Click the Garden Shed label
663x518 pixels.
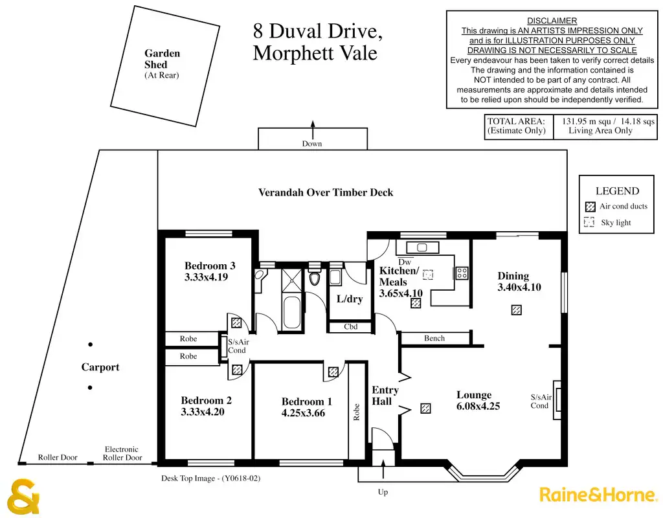pos(162,59)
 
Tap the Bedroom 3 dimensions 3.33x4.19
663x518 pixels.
pos(206,277)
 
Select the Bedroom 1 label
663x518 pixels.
pos(306,401)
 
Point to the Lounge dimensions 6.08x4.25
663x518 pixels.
pos(478,407)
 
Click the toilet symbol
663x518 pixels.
pos(314,278)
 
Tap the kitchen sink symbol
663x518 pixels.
pos(422,247)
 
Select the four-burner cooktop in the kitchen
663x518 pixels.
pos(462,273)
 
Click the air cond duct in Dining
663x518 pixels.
pos(516,310)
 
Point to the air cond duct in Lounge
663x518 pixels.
pos(425,408)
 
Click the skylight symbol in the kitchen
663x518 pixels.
pos(428,275)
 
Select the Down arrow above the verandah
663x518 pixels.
pos(313,129)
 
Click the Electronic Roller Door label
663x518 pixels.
pos(122,453)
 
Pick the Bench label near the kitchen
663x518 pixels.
pos(434,338)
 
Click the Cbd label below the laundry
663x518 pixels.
pos(350,327)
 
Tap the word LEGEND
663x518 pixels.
pos(617,191)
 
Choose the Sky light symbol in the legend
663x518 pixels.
pos(589,222)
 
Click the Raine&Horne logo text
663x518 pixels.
pos(598,495)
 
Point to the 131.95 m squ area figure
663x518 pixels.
pos(585,121)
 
